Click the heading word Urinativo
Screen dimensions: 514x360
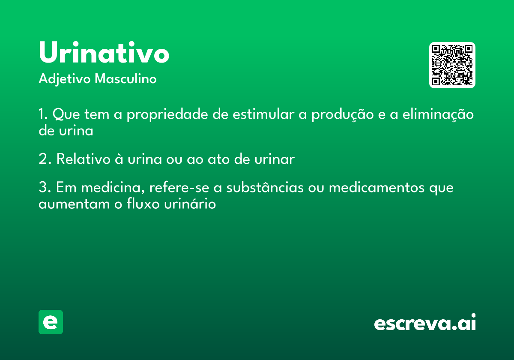pos(104,52)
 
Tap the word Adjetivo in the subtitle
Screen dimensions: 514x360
pos(65,79)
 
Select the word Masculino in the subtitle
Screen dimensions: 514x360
pos(126,79)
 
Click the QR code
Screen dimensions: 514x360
pos(452,65)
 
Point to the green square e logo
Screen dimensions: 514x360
pos(51,322)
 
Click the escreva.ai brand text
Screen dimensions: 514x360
pos(425,322)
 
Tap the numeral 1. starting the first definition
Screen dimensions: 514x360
pos(43,114)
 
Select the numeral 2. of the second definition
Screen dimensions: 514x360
pos(45,159)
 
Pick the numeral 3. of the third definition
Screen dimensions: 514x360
pos(45,187)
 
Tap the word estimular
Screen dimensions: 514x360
pos(263,114)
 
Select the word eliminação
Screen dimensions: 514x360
pos(438,114)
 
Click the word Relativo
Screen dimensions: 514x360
pos(84,159)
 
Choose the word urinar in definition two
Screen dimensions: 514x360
pos(275,159)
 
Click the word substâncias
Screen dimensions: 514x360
pos(265,187)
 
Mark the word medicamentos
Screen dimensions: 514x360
pos(377,187)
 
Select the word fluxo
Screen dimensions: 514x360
pos(143,203)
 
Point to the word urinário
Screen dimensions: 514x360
pos(190,203)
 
